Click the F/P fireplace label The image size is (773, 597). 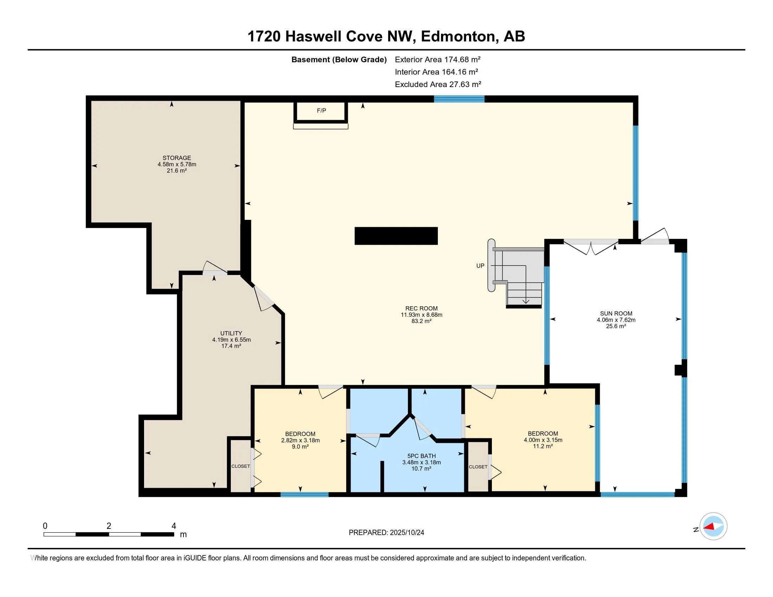pos(321,111)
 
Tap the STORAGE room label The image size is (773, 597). pos(177,158)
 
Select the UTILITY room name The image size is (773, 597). pos(231,333)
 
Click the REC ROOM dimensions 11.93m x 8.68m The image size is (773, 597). pos(421,315)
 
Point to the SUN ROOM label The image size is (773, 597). pos(616,313)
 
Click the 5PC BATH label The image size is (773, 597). pos(421,456)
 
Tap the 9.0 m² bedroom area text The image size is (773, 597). pos(300,447)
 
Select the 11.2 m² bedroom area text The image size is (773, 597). pos(543,446)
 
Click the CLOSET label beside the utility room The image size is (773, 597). pos(241,466)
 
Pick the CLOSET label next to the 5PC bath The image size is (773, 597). pos(478,467)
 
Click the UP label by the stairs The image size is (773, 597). pos(480,265)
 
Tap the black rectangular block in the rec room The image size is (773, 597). pos(396,236)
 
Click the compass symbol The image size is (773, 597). pos(713,526)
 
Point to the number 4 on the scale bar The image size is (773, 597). pos(174,526)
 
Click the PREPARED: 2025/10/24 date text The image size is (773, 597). pos(386,533)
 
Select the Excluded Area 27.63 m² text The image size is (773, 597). pos(438,85)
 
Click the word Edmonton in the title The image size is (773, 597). pos(458,37)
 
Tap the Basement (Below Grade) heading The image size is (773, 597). pos(339,60)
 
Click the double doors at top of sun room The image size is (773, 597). pos(591,247)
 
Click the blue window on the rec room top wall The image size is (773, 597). pos(459,99)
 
